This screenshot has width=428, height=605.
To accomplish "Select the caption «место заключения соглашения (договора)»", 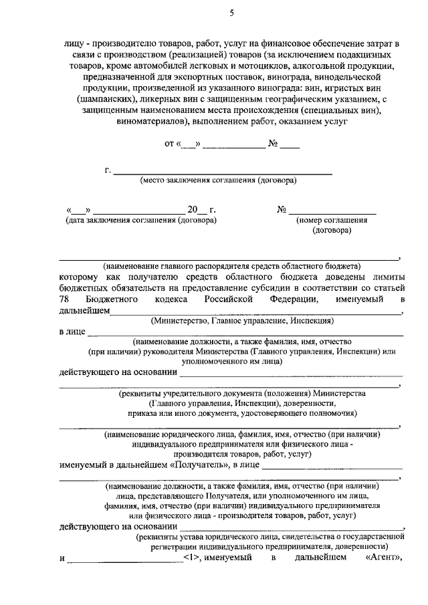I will pyautogui.click(x=219, y=180).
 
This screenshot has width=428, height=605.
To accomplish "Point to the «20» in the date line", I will pyautogui.click(x=193, y=209).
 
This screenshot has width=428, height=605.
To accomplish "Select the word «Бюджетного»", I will pyautogui.click(x=113, y=299).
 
